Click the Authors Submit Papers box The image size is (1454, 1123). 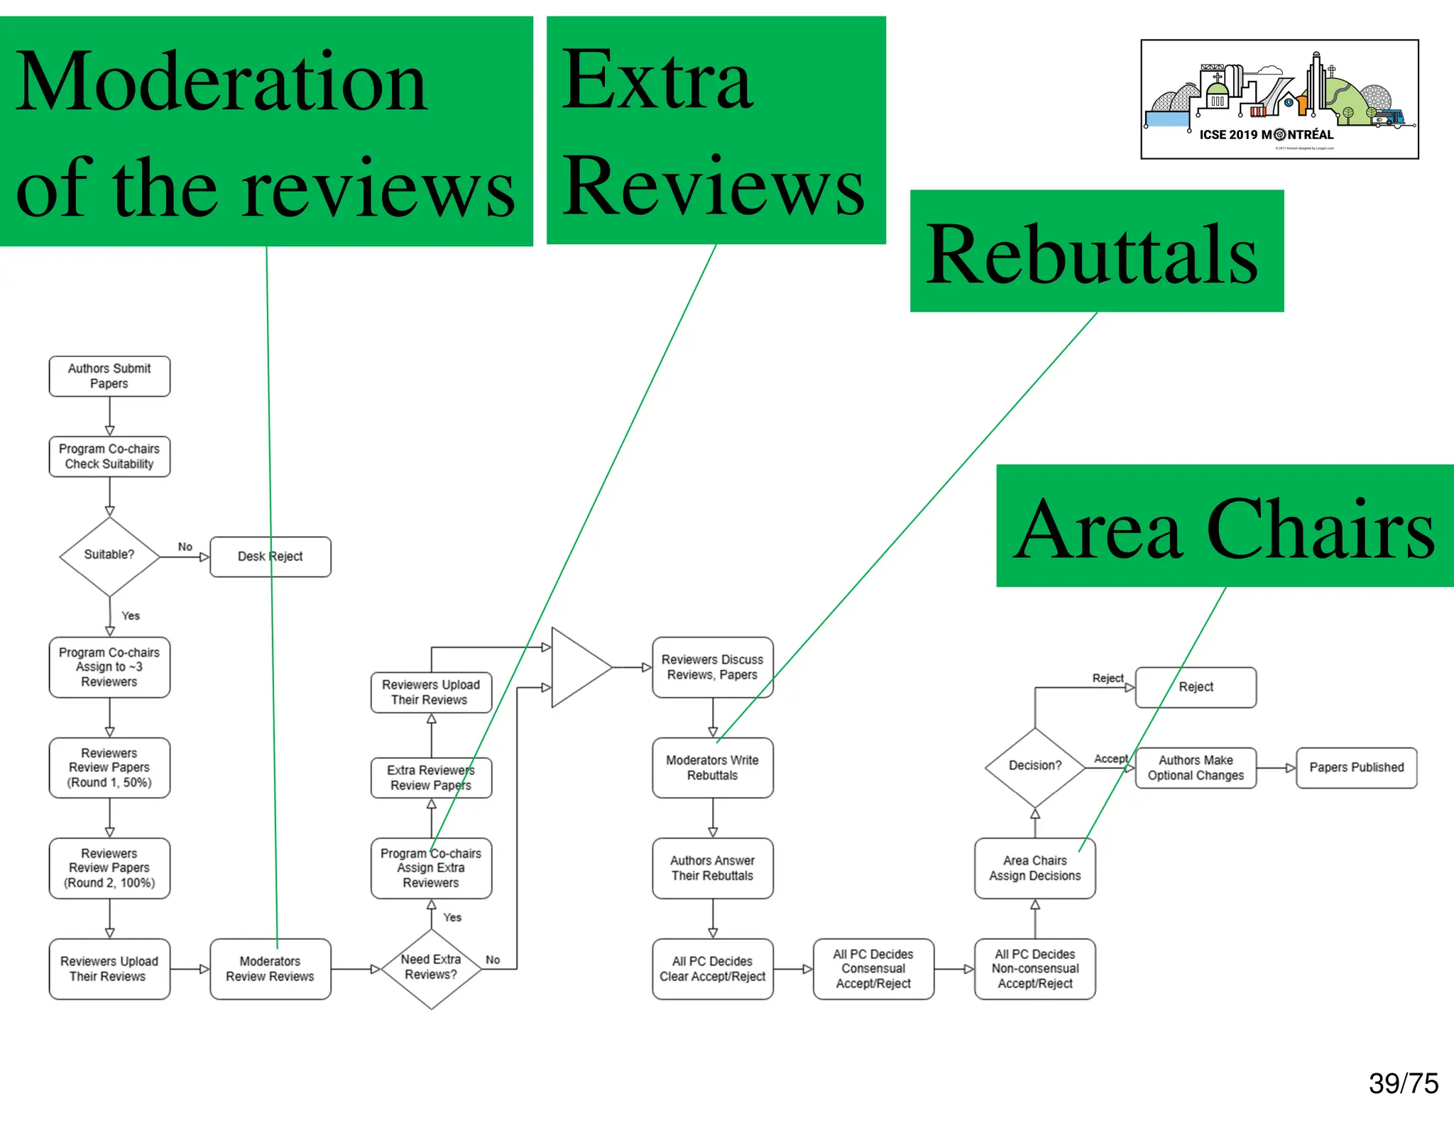coord(109,376)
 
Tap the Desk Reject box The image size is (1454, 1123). coord(270,557)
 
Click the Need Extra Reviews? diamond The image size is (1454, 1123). coord(431,968)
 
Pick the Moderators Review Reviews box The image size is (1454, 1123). coord(270,969)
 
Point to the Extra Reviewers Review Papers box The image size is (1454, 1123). coord(431,778)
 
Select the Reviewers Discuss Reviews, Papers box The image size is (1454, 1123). coord(712,667)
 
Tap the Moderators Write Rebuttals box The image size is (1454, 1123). coord(712,767)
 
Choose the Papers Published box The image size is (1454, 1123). coord(1356,767)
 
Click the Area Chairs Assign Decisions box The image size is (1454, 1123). coord(1034,868)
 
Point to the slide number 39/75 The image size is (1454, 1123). coord(1403,1084)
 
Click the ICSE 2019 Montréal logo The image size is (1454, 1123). coord(1279,99)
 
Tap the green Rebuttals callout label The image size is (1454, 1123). coord(1096,251)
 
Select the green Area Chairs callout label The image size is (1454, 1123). coord(1225,526)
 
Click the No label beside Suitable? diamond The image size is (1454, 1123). coord(185,547)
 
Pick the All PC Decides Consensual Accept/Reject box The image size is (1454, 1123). coord(873,969)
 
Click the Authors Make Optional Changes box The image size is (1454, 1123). coord(1196,767)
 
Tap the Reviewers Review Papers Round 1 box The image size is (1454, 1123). coord(109,767)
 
